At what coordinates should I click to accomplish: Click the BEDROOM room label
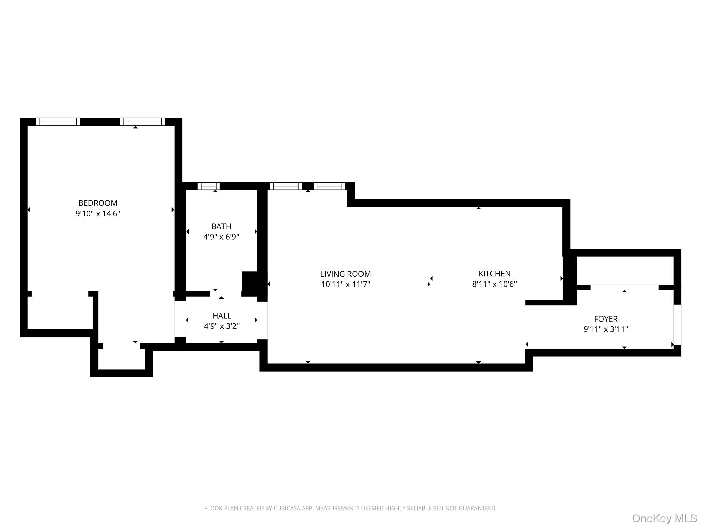[x=98, y=203]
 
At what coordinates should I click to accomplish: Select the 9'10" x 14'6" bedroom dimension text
[x=98, y=214]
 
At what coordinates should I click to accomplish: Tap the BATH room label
[x=221, y=226]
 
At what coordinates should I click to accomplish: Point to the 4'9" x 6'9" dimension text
[x=221, y=237]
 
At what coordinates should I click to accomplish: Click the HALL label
[x=222, y=316]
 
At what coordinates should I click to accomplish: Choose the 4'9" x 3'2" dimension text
[x=222, y=326]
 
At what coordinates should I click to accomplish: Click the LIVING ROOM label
[x=345, y=274]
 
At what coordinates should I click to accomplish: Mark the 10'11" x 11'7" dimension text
[x=345, y=284]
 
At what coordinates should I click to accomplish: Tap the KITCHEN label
[x=494, y=274]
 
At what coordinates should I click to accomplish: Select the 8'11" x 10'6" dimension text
[x=494, y=284]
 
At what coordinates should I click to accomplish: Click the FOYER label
[x=606, y=319]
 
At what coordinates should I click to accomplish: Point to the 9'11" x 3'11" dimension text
[x=606, y=329]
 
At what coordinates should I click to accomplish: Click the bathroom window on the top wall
[x=208, y=186]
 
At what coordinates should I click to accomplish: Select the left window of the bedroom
[x=58, y=122]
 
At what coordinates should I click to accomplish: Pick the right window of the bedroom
[x=142, y=122]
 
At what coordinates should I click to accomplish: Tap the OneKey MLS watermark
[x=664, y=518]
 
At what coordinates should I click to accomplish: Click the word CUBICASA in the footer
[x=287, y=508]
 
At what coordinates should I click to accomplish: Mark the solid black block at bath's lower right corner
[x=251, y=283]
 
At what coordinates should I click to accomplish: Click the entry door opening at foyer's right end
[x=677, y=325]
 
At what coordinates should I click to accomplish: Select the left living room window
[x=286, y=186]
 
